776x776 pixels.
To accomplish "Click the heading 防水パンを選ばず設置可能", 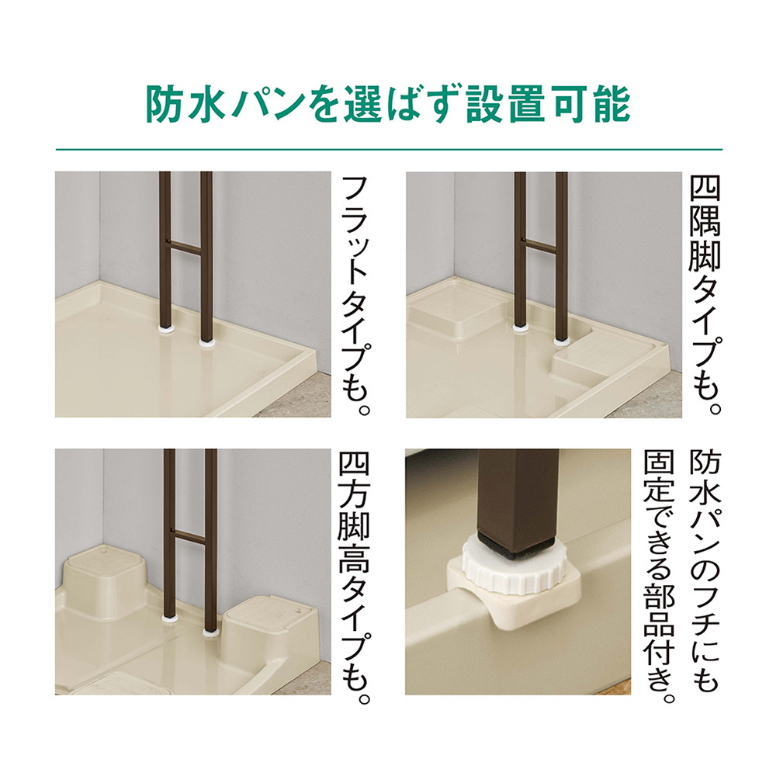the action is [x=388, y=105].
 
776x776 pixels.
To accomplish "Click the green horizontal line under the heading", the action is [x=389, y=149].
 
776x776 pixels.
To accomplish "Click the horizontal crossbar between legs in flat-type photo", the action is [x=185, y=248].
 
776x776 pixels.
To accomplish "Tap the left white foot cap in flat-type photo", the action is [x=165, y=327].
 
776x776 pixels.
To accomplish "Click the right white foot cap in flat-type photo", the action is [x=206, y=341].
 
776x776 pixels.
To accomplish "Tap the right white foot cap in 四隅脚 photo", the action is [x=560, y=340].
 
